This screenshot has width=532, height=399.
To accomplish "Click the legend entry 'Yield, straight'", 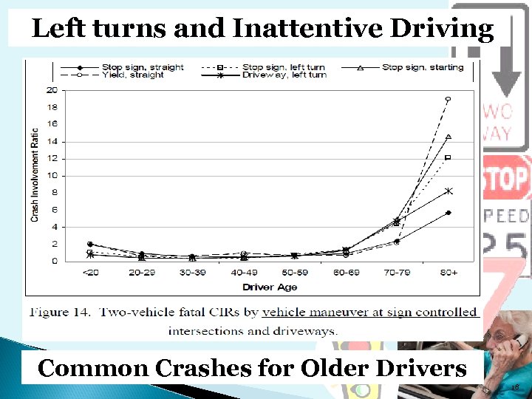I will (x=134, y=75).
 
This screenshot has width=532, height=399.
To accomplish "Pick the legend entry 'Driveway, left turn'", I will (x=284, y=75).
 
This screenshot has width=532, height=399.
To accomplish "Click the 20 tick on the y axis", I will (x=52, y=90).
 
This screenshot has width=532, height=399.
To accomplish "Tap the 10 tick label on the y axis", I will (x=52, y=176).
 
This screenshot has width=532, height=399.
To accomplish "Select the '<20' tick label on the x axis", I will (x=89, y=273).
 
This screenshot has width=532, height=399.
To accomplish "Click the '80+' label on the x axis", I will (x=448, y=273).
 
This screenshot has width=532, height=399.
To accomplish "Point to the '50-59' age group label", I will (x=294, y=273).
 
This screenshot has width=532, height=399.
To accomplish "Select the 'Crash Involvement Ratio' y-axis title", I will (x=35, y=175).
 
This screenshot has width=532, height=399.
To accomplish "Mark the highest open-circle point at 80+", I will (x=448, y=99).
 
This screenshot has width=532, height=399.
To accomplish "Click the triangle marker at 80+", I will (x=448, y=137).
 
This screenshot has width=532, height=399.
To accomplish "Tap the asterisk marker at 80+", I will (x=448, y=191).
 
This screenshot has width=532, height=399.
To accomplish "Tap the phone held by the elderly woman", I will (x=520, y=341).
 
